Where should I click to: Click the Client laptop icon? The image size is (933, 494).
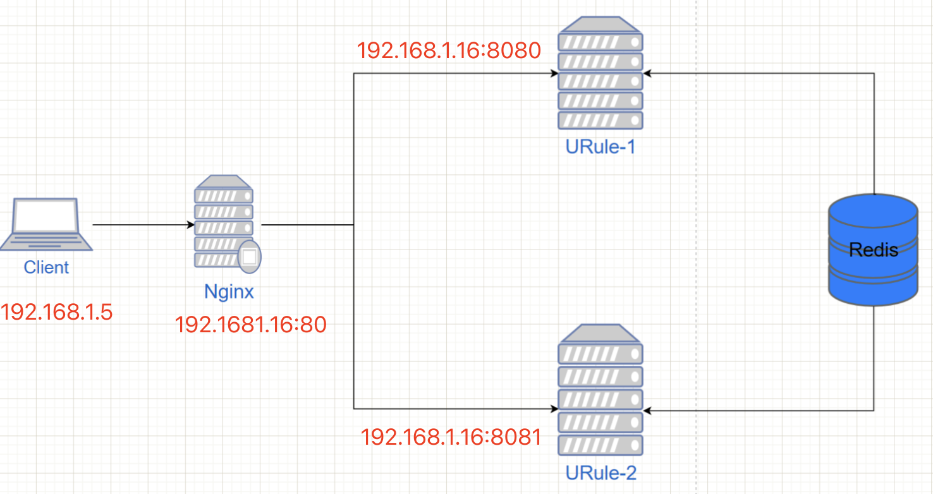[x=46, y=224]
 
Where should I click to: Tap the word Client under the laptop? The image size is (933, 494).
[x=46, y=267]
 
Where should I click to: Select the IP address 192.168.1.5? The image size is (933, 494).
[x=57, y=311]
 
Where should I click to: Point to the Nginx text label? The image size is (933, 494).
[x=229, y=291]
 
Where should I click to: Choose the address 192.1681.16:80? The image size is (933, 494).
[x=251, y=325]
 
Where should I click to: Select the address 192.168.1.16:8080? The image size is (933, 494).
[x=449, y=51]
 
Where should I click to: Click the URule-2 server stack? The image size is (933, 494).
[x=600, y=391]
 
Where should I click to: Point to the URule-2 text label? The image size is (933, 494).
[x=601, y=473]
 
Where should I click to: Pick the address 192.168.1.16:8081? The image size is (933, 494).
[x=451, y=437]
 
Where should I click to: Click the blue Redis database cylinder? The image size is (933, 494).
[x=873, y=250]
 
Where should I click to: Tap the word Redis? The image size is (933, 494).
[x=873, y=250]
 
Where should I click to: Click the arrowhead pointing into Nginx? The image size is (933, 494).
[x=190, y=225]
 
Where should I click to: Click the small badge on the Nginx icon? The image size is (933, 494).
[x=249, y=256]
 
